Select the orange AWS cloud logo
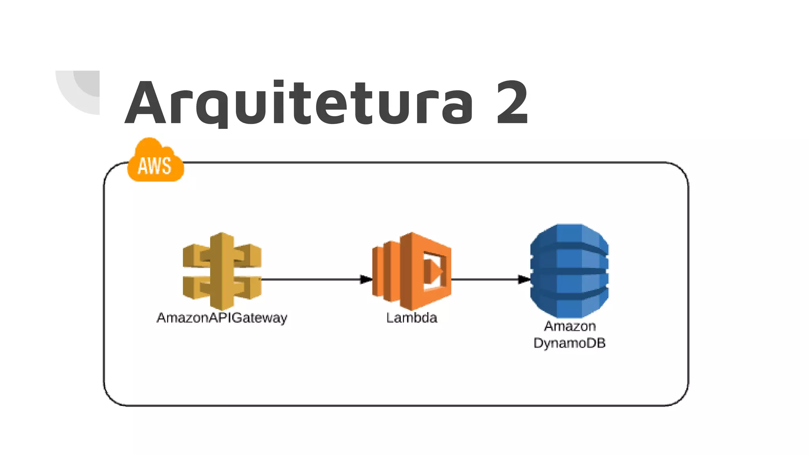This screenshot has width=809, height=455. [155, 161]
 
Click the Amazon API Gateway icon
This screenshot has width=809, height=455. [222, 271]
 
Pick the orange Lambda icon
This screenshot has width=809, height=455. [412, 271]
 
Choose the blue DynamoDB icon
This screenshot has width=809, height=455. [569, 271]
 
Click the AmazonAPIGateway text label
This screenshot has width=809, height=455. [222, 318]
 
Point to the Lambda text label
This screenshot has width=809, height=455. [412, 318]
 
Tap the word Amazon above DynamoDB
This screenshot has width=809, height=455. [570, 326]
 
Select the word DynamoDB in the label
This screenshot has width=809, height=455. [569, 343]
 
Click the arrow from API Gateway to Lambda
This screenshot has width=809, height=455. [312, 279]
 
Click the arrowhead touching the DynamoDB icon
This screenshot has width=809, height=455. [524, 279]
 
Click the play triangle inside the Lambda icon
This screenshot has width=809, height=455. [434, 271]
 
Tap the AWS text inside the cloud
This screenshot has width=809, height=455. [154, 166]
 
